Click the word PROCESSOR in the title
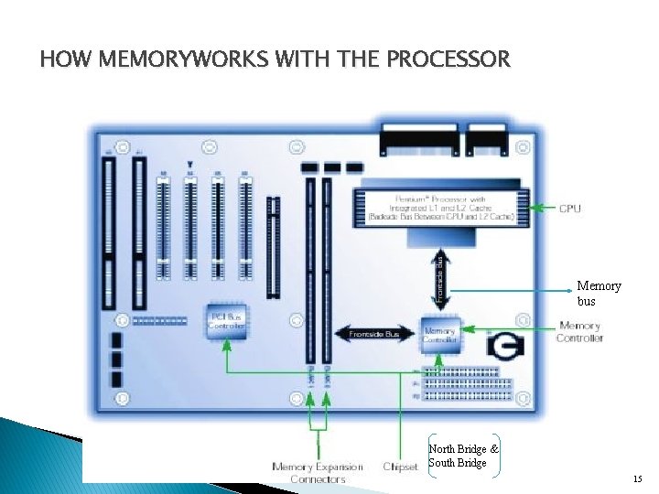pyautogui.click(x=448, y=60)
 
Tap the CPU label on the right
pyautogui.click(x=569, y=209)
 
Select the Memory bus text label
pyautogui.click(x=599, y=293)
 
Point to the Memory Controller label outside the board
pyautogui.click(x=579, y=331)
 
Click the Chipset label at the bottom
pyautogui.click(x=400, y=467)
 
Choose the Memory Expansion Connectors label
pyautogui.click(x=317, y=472)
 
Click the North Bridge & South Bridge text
pyautogui.click(x=463, y=456)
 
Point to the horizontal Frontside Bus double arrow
pyautogui.click(x=373, y=335)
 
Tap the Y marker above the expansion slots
pyautogui.click(x=189, y=166)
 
